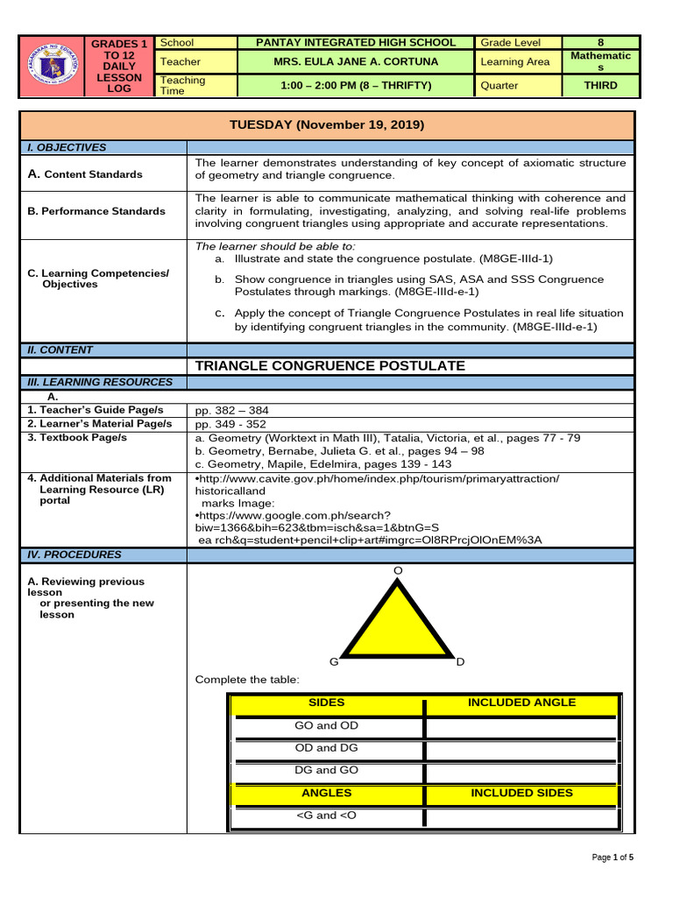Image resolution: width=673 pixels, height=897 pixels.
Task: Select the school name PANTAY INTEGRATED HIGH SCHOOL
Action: point(355,42)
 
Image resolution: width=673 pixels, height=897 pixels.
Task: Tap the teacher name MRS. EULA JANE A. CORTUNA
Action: point(355,62)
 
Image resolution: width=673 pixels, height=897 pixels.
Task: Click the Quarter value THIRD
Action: point(600,86)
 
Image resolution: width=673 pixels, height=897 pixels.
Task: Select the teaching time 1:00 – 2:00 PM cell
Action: point(355,86)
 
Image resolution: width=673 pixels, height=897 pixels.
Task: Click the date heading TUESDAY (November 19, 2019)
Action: point(326,125)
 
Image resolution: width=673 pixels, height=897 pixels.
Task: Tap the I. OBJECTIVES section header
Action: point(67,148)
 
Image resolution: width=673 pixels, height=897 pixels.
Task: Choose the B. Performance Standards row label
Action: point(96,211)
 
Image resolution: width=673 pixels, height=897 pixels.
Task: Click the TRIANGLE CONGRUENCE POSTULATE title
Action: point(329,366)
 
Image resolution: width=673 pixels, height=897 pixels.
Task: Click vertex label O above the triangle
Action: point(398,570)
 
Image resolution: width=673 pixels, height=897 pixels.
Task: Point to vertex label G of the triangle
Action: point(333,662)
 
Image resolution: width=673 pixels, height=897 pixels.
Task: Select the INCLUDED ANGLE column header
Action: point(521,703)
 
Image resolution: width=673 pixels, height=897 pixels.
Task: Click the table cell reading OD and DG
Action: point(326,748)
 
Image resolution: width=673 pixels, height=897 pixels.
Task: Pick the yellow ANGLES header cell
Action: point(326,793)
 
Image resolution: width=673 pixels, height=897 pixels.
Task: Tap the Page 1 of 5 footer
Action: point(613,858)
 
